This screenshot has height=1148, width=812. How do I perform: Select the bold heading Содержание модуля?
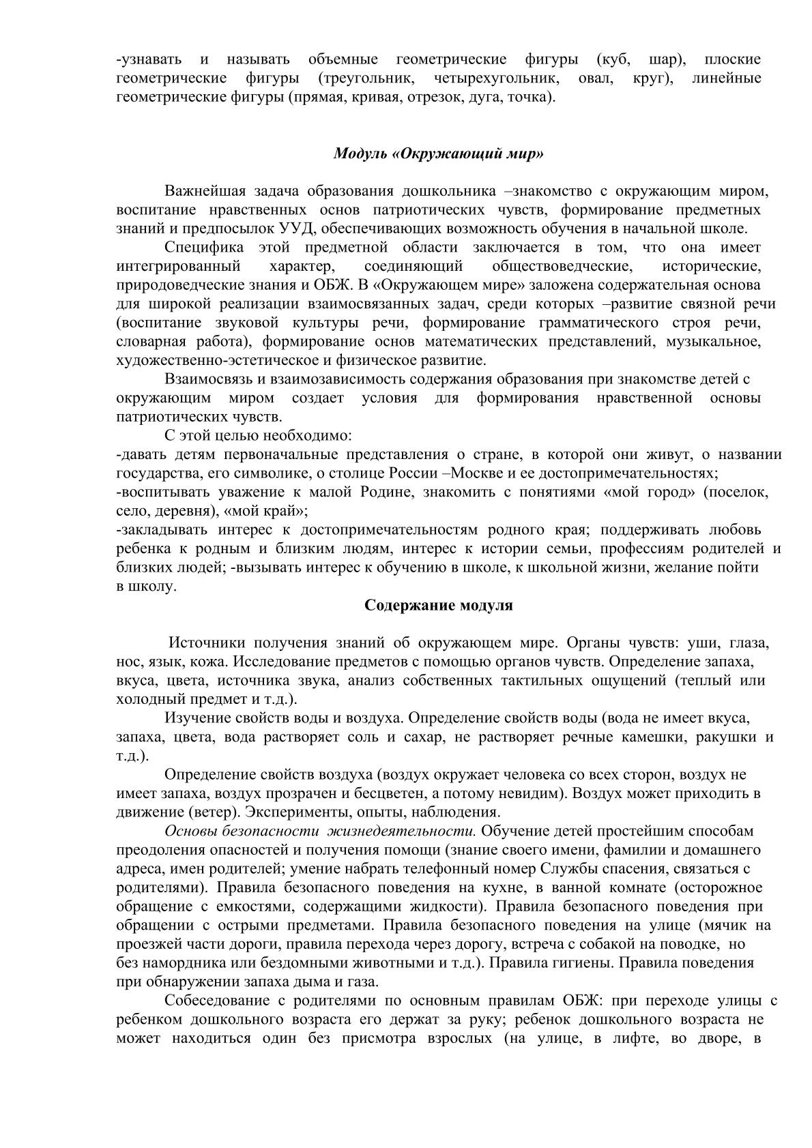pyautogui.click(x=439, y=606)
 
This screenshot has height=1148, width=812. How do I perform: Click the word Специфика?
pyautogui.click(x=199, y=247)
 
